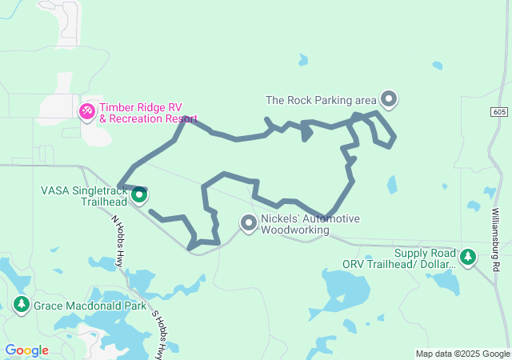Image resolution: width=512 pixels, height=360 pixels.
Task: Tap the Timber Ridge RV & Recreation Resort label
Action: point(149,113)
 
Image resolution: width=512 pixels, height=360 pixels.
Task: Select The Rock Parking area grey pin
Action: point(389,99)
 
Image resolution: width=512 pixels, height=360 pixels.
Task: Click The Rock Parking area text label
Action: point(321,100)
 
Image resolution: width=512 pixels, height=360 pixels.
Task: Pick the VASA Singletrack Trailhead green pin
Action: point(138,194)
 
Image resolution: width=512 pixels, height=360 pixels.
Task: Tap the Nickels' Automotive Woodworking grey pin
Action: point(249,223)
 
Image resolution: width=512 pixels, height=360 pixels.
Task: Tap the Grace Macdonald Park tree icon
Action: point(21,304)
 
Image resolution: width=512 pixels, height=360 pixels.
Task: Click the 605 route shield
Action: point(499,111)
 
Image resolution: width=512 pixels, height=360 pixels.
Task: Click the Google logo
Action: point(26,350)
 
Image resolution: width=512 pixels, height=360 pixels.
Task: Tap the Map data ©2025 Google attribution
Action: point(462,354)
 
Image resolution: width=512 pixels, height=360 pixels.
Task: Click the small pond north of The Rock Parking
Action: point(303,59)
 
